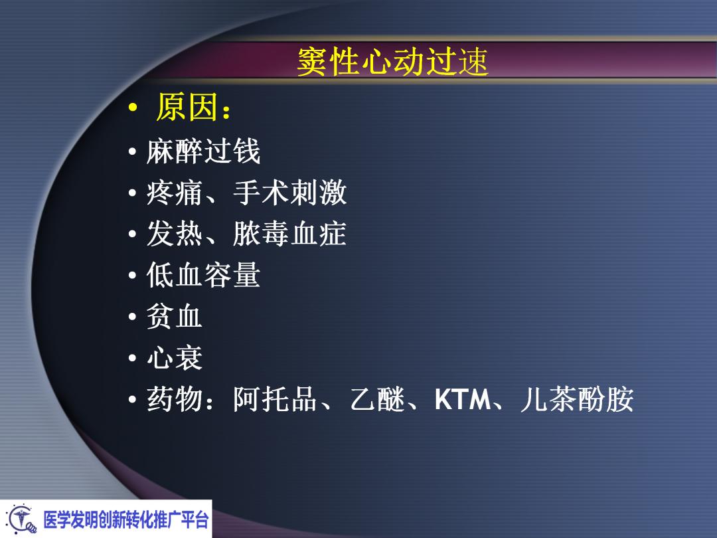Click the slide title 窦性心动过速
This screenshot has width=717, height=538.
392,63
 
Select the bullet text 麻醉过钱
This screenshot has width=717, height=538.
203,152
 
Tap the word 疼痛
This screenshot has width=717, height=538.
175,193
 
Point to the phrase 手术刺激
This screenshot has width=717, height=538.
289,193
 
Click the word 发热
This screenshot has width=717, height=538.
175,234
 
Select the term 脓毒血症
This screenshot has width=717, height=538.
289,234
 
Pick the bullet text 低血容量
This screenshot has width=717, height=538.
203,276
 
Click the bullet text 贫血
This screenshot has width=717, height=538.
175,317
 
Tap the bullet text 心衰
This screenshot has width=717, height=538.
175,359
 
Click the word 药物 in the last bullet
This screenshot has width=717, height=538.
175,400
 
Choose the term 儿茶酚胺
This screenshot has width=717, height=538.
576,400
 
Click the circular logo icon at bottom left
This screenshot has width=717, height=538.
20,519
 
